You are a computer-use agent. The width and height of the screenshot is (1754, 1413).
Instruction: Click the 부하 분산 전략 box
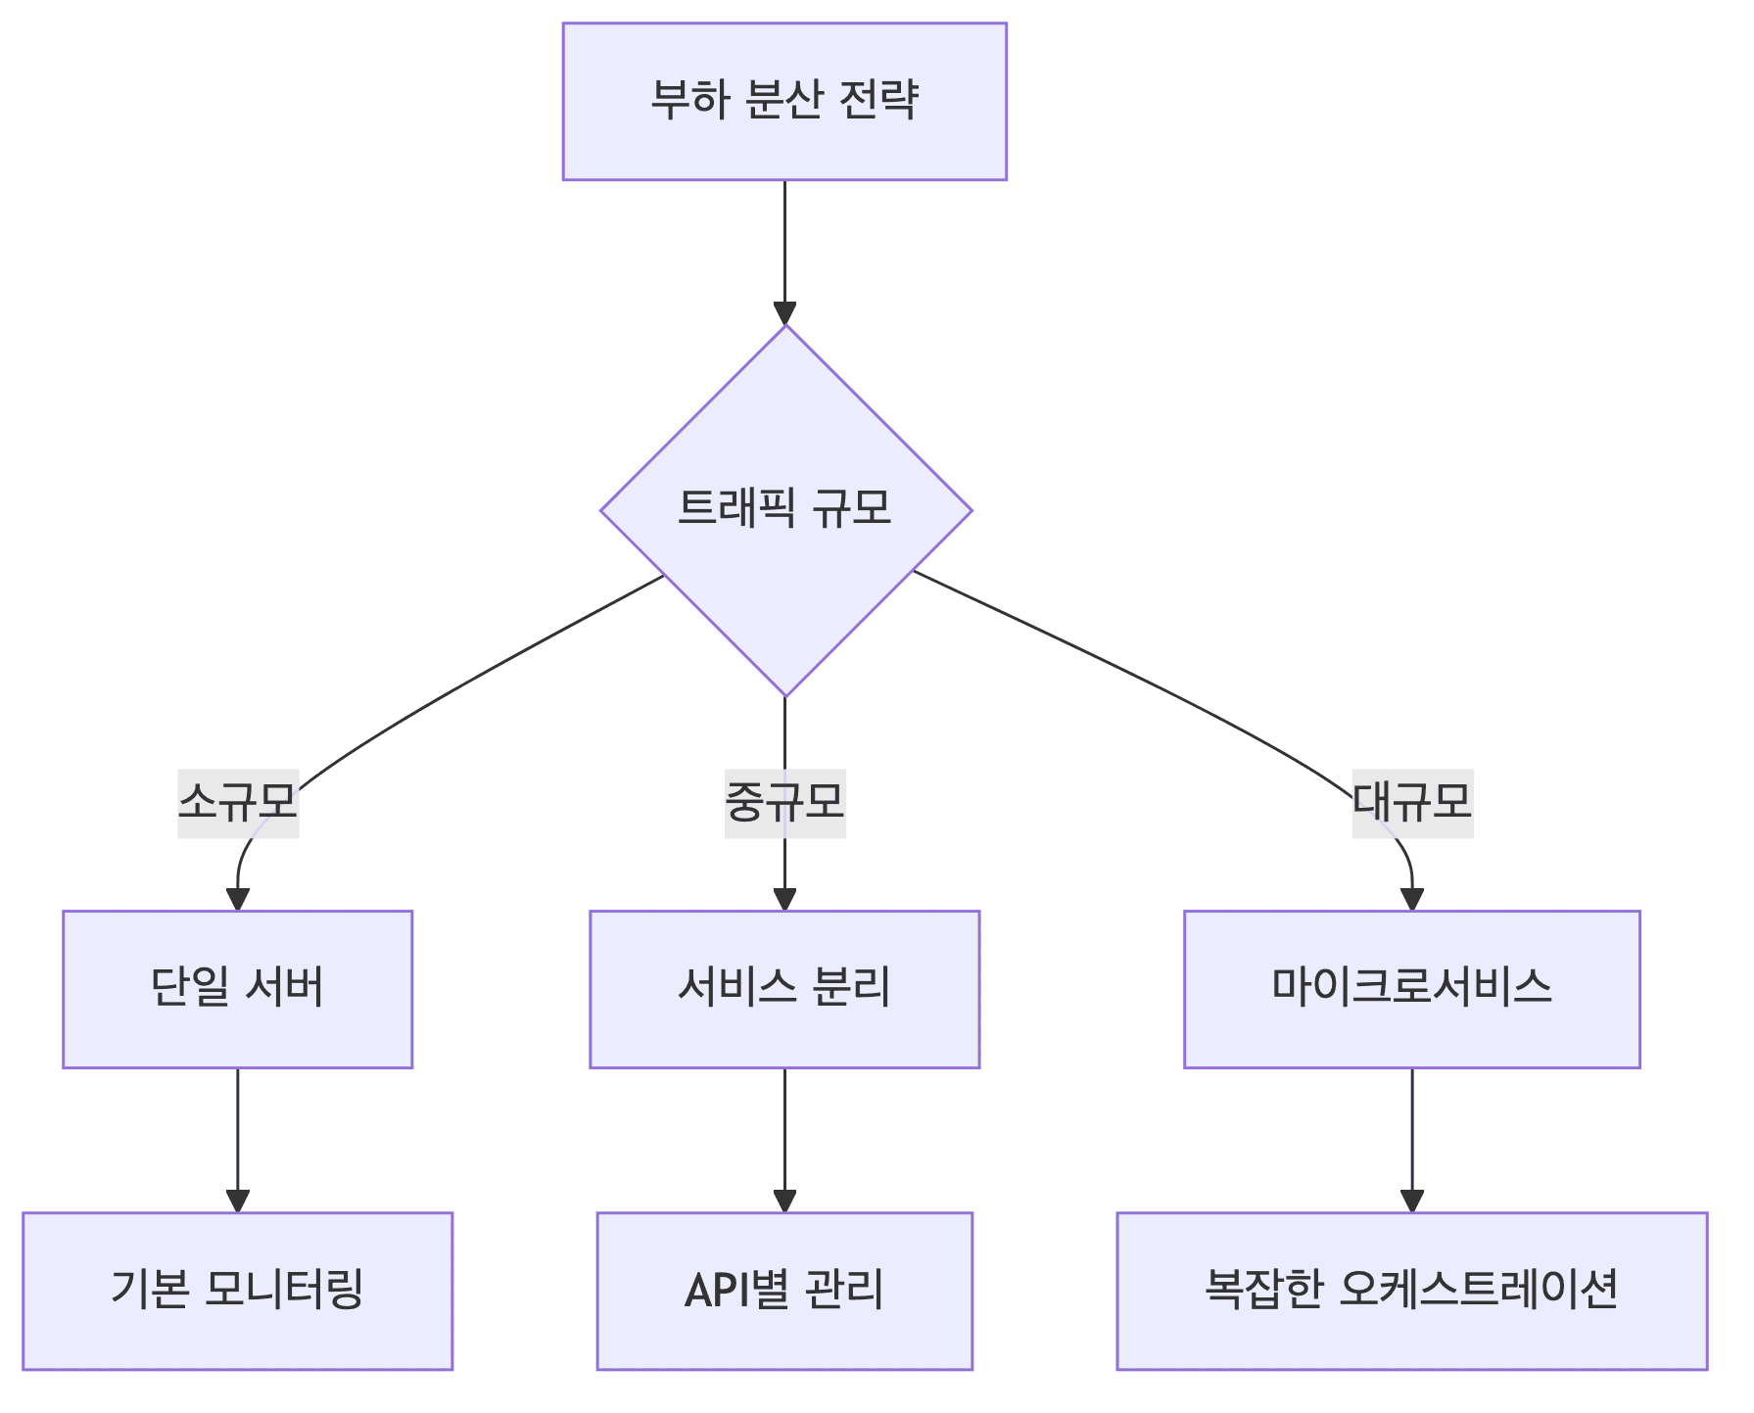click(x=783, y=101)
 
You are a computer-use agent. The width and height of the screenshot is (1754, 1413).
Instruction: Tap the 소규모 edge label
click(x=238, y=803)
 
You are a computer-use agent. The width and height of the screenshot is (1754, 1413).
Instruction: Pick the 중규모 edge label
click(x=784, y=803)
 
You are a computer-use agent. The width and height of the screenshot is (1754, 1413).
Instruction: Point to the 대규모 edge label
click(x=1412, y=803)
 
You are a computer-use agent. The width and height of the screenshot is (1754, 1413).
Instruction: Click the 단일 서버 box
click(x=237, y=989)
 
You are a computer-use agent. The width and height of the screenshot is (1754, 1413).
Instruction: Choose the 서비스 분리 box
click(x=784, y=989)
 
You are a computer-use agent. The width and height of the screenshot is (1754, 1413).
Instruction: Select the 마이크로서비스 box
click(x=1411, y=989)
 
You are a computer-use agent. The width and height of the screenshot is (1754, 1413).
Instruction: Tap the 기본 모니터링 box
click(x=237, y=1291)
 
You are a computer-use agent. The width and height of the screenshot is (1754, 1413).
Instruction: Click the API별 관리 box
click(x=784, y=1291)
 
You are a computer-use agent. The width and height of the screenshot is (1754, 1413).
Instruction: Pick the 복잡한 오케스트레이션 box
click(x=1411, y=1291)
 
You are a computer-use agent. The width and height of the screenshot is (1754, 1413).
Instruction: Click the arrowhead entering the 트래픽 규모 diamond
click(x=784, y=313)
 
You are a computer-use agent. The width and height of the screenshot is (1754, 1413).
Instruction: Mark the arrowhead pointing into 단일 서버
click(x=238, y=899)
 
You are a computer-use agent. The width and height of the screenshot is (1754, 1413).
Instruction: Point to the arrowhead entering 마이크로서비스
click(x=1411, y=899)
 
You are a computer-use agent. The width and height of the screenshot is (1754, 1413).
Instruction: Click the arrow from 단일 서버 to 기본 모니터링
click(x=238, y=1136)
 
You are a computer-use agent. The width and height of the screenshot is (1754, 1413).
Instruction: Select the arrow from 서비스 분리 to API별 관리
click(x=784, y=1136)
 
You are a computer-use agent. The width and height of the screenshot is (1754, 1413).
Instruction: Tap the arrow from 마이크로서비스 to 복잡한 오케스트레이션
click(x=1411, y=1136)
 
